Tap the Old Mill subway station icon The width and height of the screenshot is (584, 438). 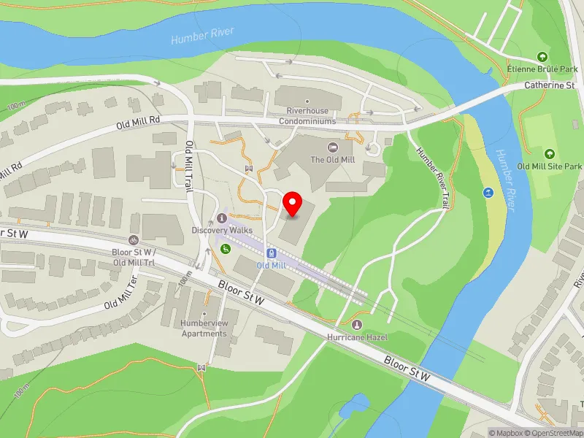coord(272,253)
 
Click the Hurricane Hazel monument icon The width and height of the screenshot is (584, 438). coord(357,325)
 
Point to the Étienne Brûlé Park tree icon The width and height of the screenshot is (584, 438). coord(542,57)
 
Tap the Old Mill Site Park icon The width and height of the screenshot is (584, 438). coord(549,154)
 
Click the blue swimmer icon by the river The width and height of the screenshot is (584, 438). coord(488,193)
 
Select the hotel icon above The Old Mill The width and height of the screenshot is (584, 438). coord(334,147)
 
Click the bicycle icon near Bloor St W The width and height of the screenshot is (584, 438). coord(133,239)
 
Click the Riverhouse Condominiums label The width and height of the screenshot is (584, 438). coord(307,116)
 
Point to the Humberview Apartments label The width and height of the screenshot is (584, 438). coord(204,329)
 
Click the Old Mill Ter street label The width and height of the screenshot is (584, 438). coord(120,294)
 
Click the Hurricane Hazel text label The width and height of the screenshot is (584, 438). coord(357,337)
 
